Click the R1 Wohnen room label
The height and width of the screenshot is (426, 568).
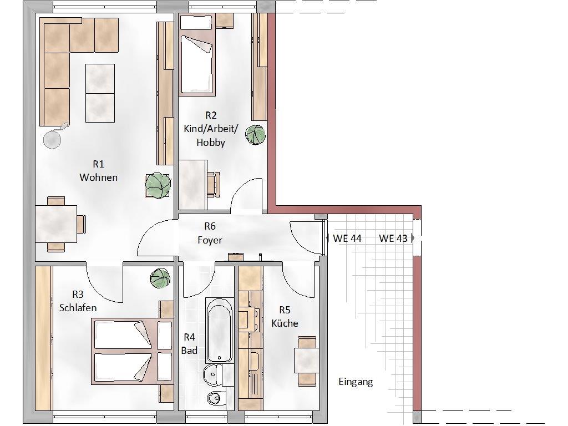tap(99, 171)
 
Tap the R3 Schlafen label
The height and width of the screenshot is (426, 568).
tap(78, 301)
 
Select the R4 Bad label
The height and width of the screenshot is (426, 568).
tap(190, 344)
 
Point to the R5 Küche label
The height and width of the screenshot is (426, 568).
tap(285, 317)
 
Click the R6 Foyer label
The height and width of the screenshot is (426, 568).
tap(210, 233)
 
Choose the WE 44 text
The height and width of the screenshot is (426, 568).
tap(347, 239)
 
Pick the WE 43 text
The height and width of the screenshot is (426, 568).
tap(393, 239)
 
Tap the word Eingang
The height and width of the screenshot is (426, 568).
tap(356, 382)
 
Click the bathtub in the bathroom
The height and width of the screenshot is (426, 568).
tap(219, 331)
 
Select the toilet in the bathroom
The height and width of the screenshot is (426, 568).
tap(216, 398)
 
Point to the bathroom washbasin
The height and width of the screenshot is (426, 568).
tap(214, 375)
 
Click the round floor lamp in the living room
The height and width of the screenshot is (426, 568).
tap(53, 139)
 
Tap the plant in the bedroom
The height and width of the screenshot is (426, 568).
tap(160, 278)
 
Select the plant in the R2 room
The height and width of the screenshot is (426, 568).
tap(255, 135)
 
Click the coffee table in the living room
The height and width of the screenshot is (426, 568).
tap(100, 93)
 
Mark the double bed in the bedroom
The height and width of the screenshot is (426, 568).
tap(132, 351)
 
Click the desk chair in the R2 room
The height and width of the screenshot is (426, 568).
tap(214, 184)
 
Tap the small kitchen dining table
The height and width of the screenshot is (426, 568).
tap(306, 361)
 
